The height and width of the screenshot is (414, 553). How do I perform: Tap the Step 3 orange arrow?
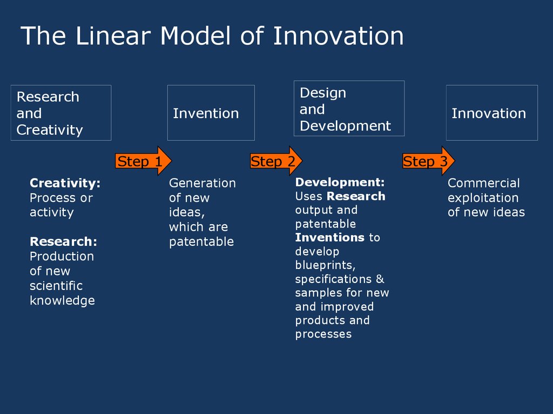click(428, 161)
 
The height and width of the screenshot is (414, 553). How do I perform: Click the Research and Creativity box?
click(61, 113)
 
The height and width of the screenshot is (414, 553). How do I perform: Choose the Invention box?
click(211, 113)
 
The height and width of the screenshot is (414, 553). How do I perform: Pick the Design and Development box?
click(349, 108)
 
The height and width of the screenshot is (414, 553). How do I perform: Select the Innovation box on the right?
click(492, 113)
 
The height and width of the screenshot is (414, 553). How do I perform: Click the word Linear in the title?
click(113, 36)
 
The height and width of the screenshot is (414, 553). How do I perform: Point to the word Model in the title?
click(195, 36)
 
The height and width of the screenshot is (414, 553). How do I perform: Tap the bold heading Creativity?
click(65, 183)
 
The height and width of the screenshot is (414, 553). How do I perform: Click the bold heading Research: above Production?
click(64, 241)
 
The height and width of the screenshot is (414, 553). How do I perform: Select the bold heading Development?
click(340, 182)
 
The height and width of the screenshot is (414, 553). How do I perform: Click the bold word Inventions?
click(330, 237)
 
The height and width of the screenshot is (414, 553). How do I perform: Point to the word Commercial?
click(483, 183)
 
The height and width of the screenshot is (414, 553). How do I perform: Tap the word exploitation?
click(483, 198)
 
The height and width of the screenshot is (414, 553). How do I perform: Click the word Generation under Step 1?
click(203, 183)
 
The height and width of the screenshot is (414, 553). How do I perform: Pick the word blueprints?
click(325, 265)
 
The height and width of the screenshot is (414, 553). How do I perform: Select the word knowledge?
click(63, 300)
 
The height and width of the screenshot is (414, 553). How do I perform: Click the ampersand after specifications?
click(380, 279)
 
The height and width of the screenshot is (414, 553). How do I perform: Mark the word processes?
click(323, 334)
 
